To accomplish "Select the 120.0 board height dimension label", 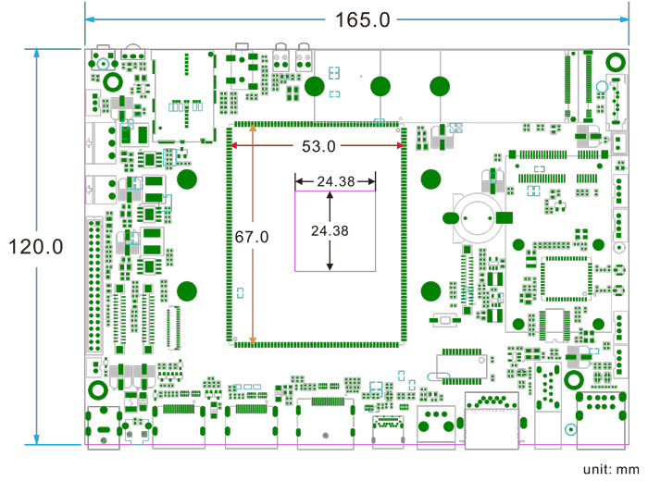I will tap(35, 247).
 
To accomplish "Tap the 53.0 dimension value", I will tap(318, 146).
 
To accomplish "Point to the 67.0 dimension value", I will tap(251, 238).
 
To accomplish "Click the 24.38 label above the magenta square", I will tap(335, 181).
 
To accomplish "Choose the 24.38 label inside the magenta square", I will tap(330, 230).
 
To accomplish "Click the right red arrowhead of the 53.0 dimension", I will tap(399, 145).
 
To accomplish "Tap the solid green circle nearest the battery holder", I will tap(430, 178).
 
